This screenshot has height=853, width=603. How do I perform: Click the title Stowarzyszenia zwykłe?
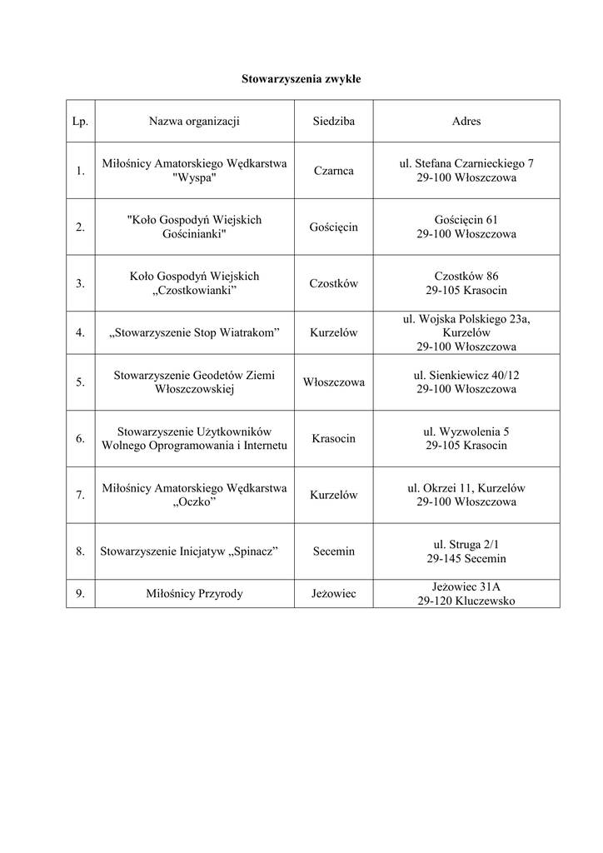click(x=301, y=79)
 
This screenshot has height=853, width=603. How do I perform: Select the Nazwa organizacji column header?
click(x=194, y=122)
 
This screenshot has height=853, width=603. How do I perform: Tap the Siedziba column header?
click(x=333, y=122)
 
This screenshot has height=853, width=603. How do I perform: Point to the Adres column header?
click(x=466, y=122)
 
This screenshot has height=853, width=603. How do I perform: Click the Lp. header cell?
click(x=80, y=122)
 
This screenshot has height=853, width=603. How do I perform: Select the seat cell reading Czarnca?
click(x=333, y=171)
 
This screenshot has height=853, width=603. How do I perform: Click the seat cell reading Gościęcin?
click(x=333, y=227)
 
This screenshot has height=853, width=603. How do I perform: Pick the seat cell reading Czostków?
click(x=333, y=283)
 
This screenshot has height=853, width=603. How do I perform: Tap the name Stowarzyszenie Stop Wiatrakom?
click(x=194, y=333)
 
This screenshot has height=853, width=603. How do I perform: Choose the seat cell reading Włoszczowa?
click(x=333, y=382)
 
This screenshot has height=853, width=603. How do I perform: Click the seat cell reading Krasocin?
click(x=333, y=438)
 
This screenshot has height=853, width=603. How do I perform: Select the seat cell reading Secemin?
click(x=333, y=551)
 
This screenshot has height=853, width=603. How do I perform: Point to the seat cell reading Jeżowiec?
click(x=333, y=594)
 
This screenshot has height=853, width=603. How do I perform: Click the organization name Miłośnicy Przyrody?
click(x=194, y=594)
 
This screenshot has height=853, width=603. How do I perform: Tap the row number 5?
click(x=80, y=382)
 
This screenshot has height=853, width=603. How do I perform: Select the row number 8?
click(x=80, y=551)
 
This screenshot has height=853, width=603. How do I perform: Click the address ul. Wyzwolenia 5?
click(x=466, y=431)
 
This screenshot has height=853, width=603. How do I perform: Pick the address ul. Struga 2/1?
click(x=466, y=544)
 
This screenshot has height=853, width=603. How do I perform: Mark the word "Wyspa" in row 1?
click(x=194, y=178)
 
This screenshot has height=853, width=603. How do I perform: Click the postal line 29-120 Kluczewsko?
click(x=466, y=601)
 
